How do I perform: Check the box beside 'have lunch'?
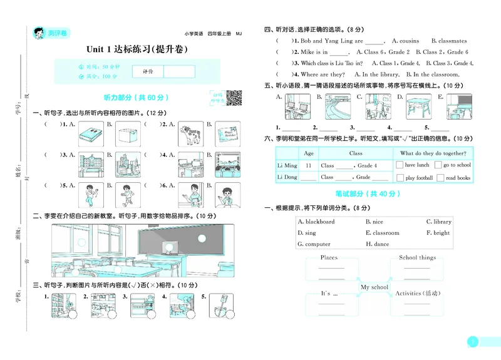coord(400,165)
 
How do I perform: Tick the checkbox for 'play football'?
coord(400,178)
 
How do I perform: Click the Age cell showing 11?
coord(308,165)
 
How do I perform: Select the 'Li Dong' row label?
coord(287,177)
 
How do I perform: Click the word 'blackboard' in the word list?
coord(319,222)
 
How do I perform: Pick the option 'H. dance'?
coord(377,244)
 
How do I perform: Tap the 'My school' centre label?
coord(374,287)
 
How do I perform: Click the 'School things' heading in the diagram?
coord(417,257)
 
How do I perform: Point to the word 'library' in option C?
coord(442,222)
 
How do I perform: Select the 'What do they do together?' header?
coord(433,153)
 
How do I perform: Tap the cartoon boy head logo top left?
coord(36,33)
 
